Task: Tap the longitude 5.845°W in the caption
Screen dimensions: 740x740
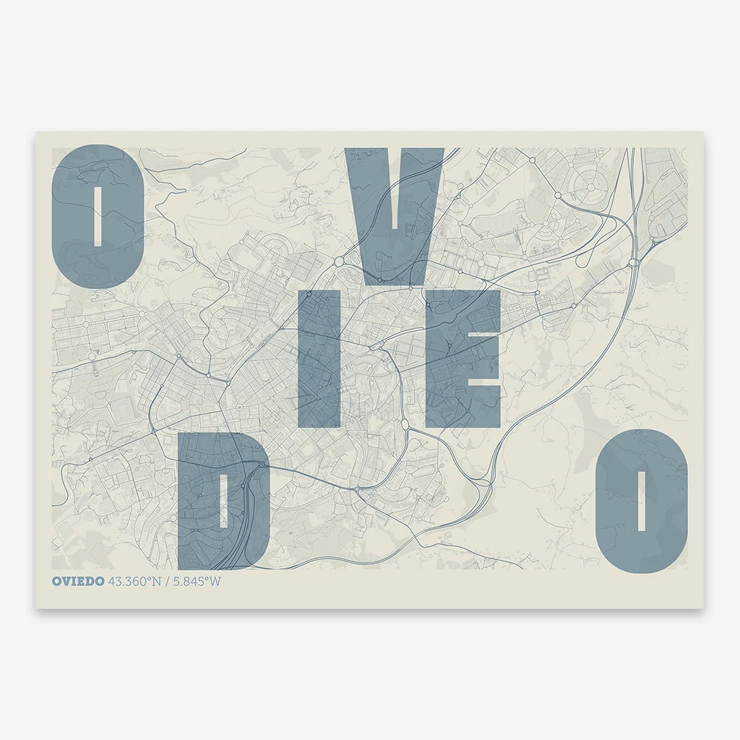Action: (196, 582)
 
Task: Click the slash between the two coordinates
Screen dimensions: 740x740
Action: (166, 582)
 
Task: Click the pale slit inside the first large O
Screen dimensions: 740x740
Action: (98, 216)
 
